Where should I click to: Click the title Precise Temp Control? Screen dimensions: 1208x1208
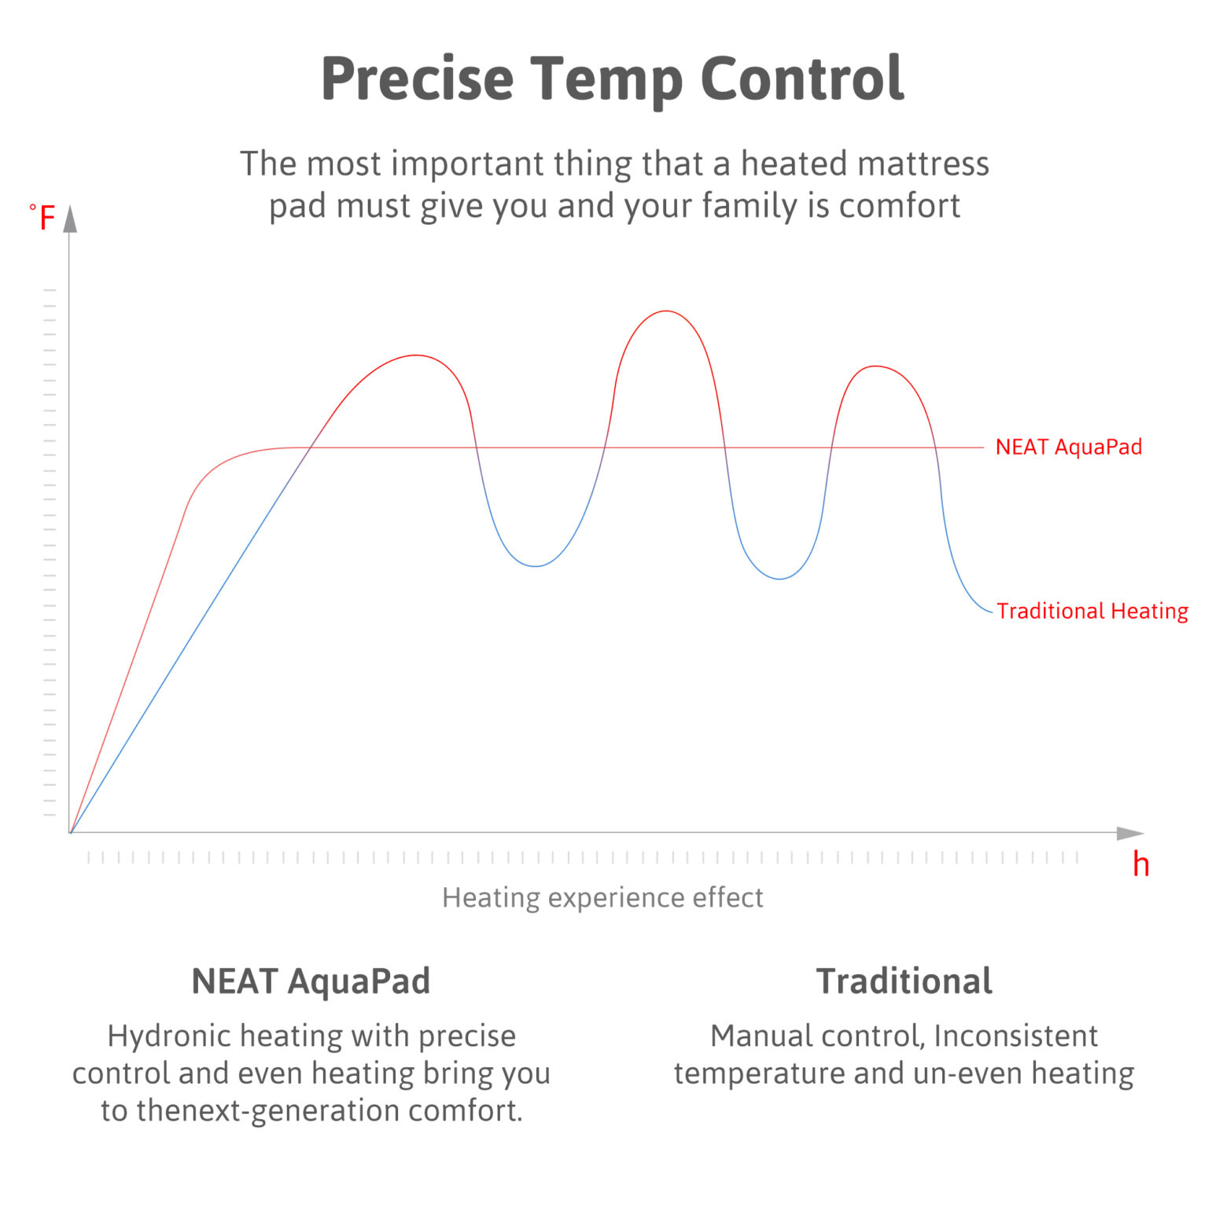pyautogui.click(x=612, y=79)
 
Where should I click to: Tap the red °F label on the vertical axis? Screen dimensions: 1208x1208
pyautogui.click(x=43, y=218)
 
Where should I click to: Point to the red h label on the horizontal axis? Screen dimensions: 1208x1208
pyautogui.click(x=1140, y=865)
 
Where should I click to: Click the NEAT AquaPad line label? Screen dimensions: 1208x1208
pyautogui.click(x=1068, y=447)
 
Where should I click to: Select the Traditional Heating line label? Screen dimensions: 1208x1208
pyautogui.click(x=1092, y=611)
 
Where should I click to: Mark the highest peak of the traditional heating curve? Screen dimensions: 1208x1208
pyautogui.click(x=665, y=311)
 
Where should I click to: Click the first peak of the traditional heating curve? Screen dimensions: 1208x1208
pyautogui.click(x=416, y=355)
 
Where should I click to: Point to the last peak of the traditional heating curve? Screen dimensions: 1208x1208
pyautogui.click(x=874, y=366)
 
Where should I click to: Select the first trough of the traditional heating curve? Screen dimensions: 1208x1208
pyautogui.click(x=536, y=566)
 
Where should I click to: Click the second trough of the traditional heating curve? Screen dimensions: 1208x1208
pyautogui.click(x=779, y=579)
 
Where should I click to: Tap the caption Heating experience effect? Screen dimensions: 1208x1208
pyautogui.click(x=602, y=897)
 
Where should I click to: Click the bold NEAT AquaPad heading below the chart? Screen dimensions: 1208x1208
pyautogui.click(x=311, y=981)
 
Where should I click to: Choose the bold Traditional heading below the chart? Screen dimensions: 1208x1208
pyautogui.click(x=904, y=981)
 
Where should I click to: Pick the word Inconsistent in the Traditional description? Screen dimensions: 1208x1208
pyautogui.click(x=1015, y=1037)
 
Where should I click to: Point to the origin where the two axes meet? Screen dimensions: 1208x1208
pyautogui.click(x=71, y=832)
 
